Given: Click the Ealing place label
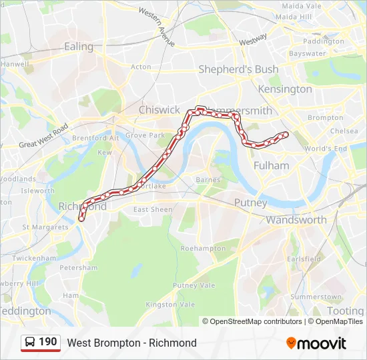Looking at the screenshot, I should [x=79, y=47].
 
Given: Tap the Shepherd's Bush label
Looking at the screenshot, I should [x=238, y=69].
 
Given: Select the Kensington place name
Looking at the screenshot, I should [x=286, y=89].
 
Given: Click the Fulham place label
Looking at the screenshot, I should [x=272, y=165].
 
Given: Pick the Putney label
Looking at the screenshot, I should [x=250, y=202].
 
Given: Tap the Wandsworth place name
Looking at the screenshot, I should [x=296, y=219].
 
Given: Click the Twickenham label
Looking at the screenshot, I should [x=34, y=258].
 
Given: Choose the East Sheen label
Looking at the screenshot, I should [x=152, y=209].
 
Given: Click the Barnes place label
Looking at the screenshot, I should [x=208, y=180].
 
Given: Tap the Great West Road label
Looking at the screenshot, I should [x=43, y=135].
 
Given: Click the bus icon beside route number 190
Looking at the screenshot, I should [x=31, y=342].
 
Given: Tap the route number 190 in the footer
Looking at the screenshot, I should [x=48, y=342].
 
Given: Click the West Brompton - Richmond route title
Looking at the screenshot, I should [x=131, y=343].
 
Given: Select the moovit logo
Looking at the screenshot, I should [x=316, y=343].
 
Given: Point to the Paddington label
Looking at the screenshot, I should [x=323, y=41].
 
